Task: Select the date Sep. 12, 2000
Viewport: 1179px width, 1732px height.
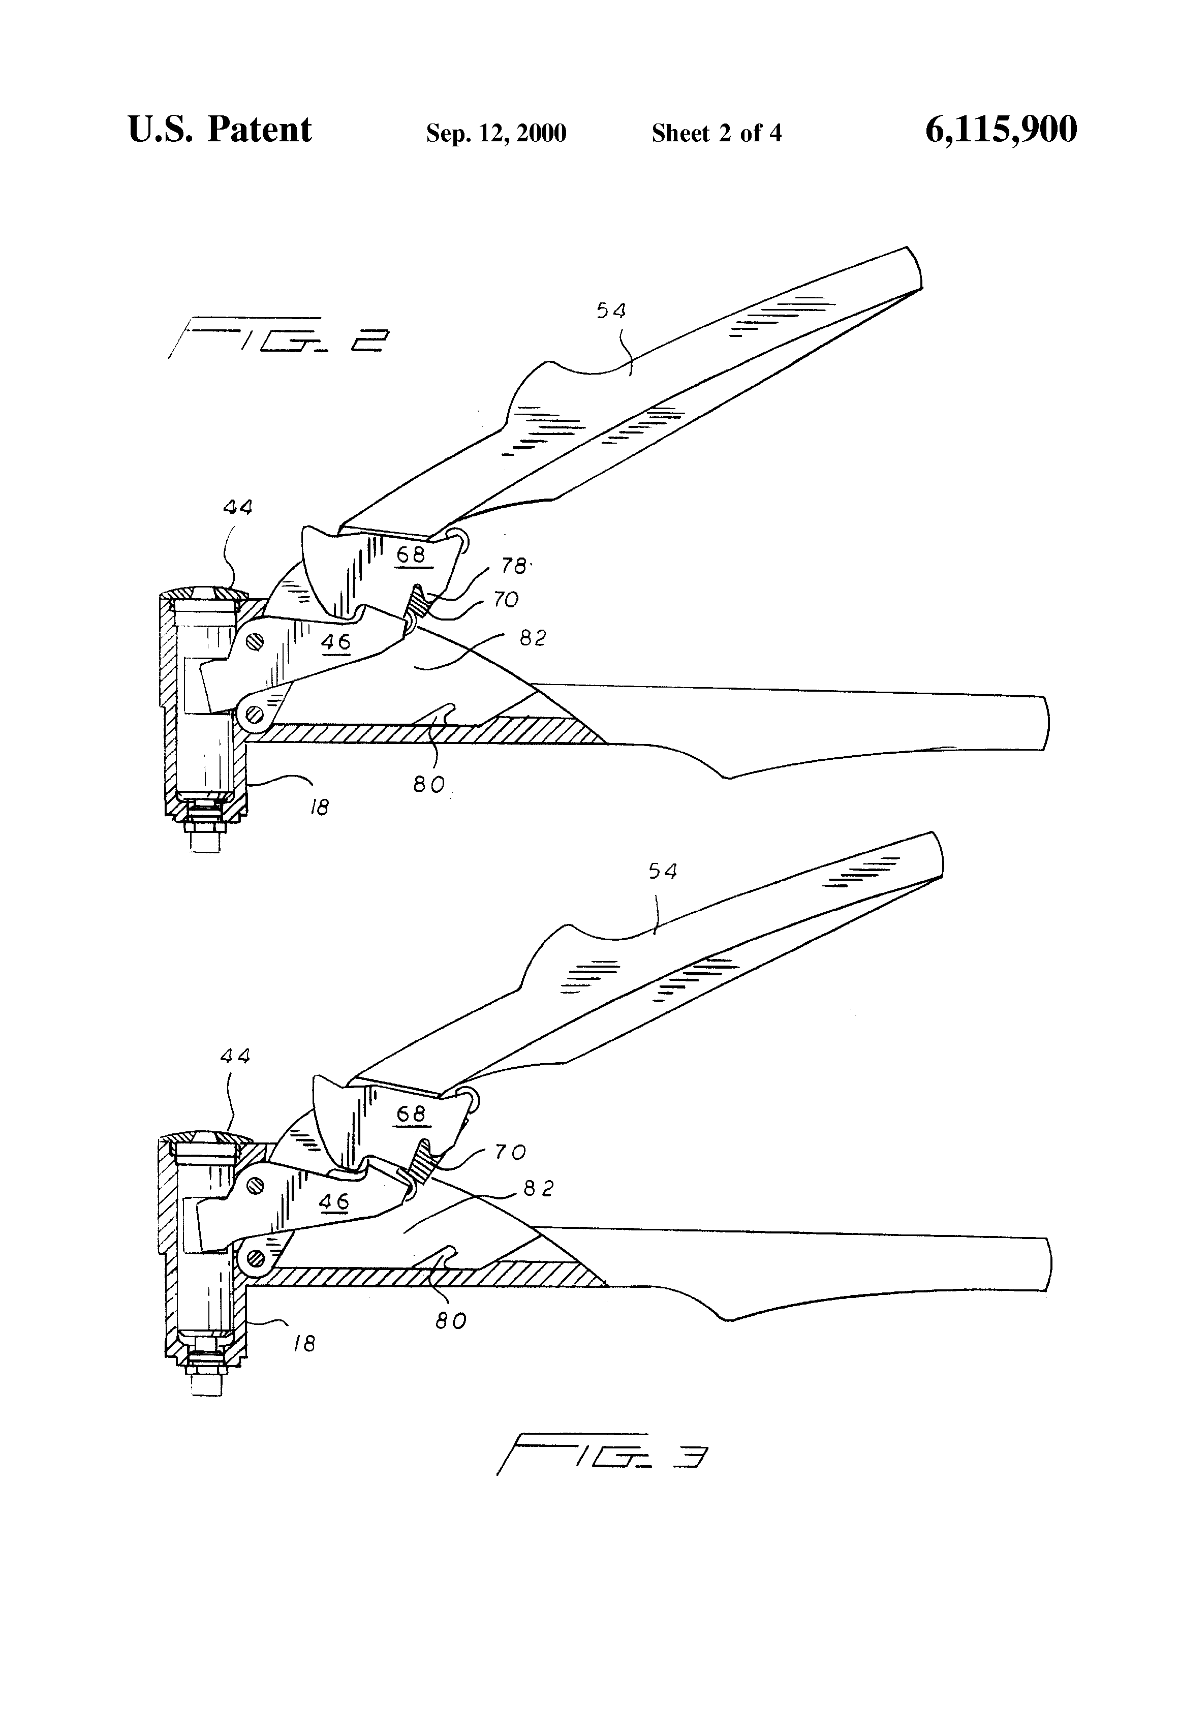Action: click(495, 133)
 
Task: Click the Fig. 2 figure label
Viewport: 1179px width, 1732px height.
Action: click(280, 339)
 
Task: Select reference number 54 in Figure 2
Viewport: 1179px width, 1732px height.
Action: click(611, 310)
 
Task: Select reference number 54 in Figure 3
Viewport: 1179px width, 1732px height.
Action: click(663, 871)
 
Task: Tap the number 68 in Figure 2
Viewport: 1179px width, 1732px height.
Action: click(411, 554)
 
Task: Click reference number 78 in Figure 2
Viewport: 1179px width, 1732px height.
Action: click(513, 566)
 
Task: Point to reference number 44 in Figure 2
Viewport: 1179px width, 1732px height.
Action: click(238, 508)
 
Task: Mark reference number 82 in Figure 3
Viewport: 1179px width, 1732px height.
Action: click(538, 1189)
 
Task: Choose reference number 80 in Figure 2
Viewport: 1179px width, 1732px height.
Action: click(429, 784)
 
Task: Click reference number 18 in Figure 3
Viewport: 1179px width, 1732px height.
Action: click(304, 1343)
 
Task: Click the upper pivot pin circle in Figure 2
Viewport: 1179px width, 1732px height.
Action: click(257, 639)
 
